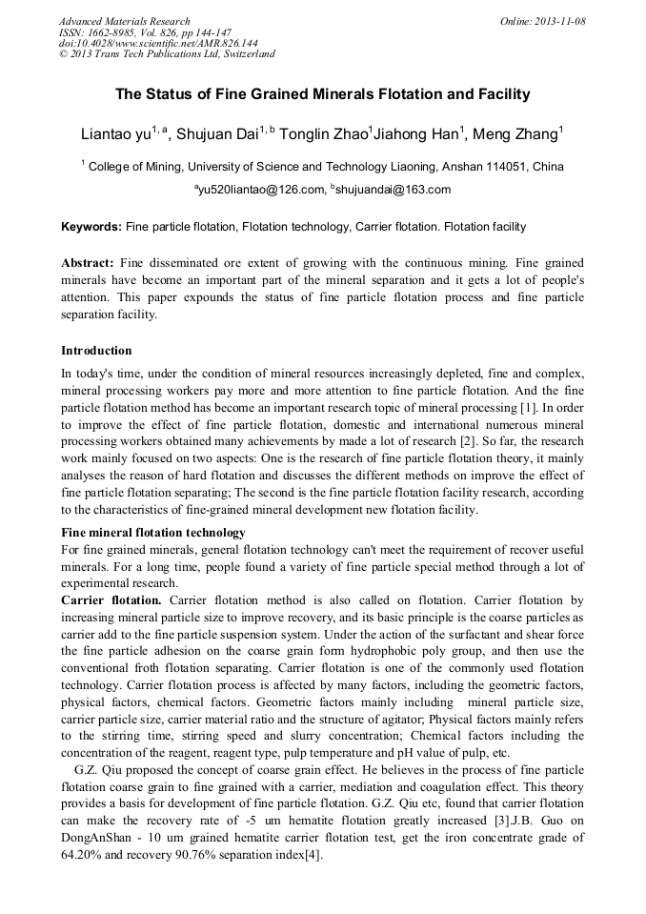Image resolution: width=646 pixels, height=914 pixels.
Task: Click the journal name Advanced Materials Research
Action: click(x=124, y=21)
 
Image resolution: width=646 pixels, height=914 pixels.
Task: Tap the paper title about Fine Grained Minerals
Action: click(x=322, y=94)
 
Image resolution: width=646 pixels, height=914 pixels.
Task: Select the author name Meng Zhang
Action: click(x=520, y=134)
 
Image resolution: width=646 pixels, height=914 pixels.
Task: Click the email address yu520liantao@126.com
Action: click(x=258, y=190)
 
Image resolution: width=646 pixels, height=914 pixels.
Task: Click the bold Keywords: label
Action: click(x=91, y=227)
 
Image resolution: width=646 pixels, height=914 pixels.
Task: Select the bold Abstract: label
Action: click(x=88, y=262)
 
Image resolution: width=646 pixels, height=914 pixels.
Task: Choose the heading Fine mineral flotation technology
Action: click(x=153, y=532)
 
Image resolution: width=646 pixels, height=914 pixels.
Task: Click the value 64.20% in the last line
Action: click(x=82, y=855)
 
